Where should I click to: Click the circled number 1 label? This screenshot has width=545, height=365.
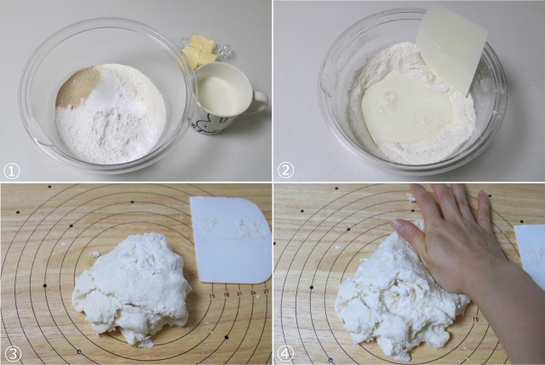(11, 171)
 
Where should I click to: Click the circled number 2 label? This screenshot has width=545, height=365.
(286, 171)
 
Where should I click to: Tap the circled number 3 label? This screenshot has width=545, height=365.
(11, 354)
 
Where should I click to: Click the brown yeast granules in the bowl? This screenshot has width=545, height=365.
(75, 89)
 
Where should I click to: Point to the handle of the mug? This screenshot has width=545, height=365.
(259, 101)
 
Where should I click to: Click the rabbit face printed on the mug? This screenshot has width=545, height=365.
(204, 123)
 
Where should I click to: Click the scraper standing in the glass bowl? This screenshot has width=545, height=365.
(451, 49)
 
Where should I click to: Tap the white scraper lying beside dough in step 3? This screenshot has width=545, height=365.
(231, 240)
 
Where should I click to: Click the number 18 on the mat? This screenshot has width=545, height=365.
(226, 295)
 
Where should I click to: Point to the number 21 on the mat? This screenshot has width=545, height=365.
(239, 294)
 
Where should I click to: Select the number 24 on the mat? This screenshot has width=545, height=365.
(253, 293)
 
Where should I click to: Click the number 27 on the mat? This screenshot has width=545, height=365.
(267, 291)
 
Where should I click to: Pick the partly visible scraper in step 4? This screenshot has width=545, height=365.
(530, 252)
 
